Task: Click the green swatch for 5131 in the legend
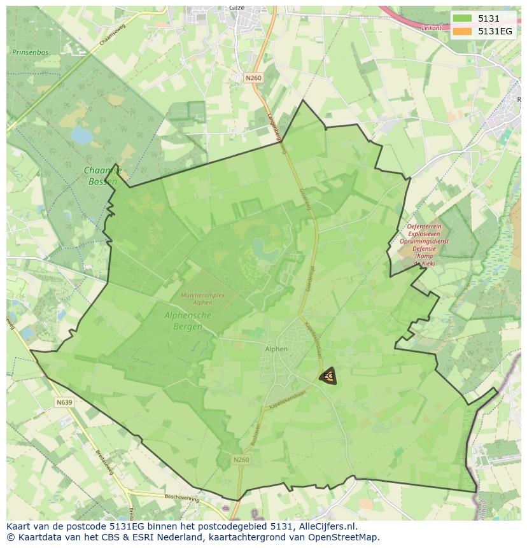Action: pyautogui.click(x=462, y=18)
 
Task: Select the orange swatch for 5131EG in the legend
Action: pyautogui.click(x=462, y=31)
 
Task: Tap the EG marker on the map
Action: pyautogui.click(x=328, y=376)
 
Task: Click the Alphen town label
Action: pyautogui.click(x=276, y=349)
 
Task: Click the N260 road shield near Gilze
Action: pyautogui.click(x=253, y=78)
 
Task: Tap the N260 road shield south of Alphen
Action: pyautogui.click(x=241, y=460)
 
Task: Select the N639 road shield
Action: pyautogui.click(x=64, y=402)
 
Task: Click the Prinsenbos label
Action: pyautogui.click(x=30, y=51)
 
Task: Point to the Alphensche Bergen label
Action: pyautogui.click(x=188, y=321)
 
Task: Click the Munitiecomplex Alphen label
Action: pyautogui.click(x=202, y=299)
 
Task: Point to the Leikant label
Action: pyautogui.click(x=431, y=28)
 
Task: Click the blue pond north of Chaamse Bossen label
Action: pyautogui.click(x=81, y=135)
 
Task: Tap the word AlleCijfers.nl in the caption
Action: pyautogui.click(x=327, y=526)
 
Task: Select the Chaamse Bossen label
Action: pyautogui.click(x=102, y=176)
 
